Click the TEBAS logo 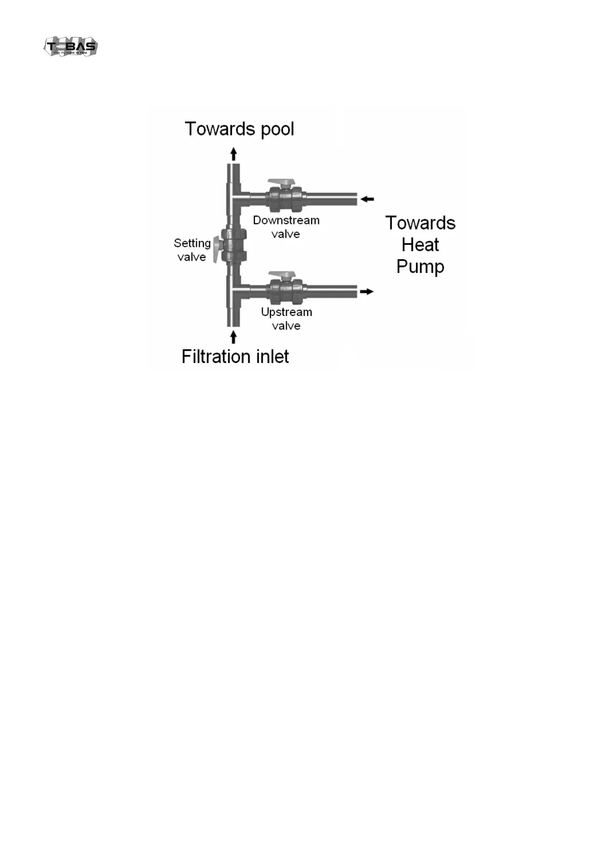click(x=71, y=47)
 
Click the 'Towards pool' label click(x=239, y=129)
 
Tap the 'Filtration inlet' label click(x=235, y=356)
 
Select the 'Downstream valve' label click(x=286, y=227)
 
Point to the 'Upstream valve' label click(x=286, y=319)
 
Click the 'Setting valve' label click(x=192, y=250)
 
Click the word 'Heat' click(x=420, y=245)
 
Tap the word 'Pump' click(x=420, y=267)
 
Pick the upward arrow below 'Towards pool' click(x=233, y=154)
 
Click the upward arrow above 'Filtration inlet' click(x=233, y=337)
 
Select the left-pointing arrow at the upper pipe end click(x=367, y=199)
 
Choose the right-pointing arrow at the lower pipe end click(x=366, y=291)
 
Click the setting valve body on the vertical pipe click(x=235, y=244)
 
